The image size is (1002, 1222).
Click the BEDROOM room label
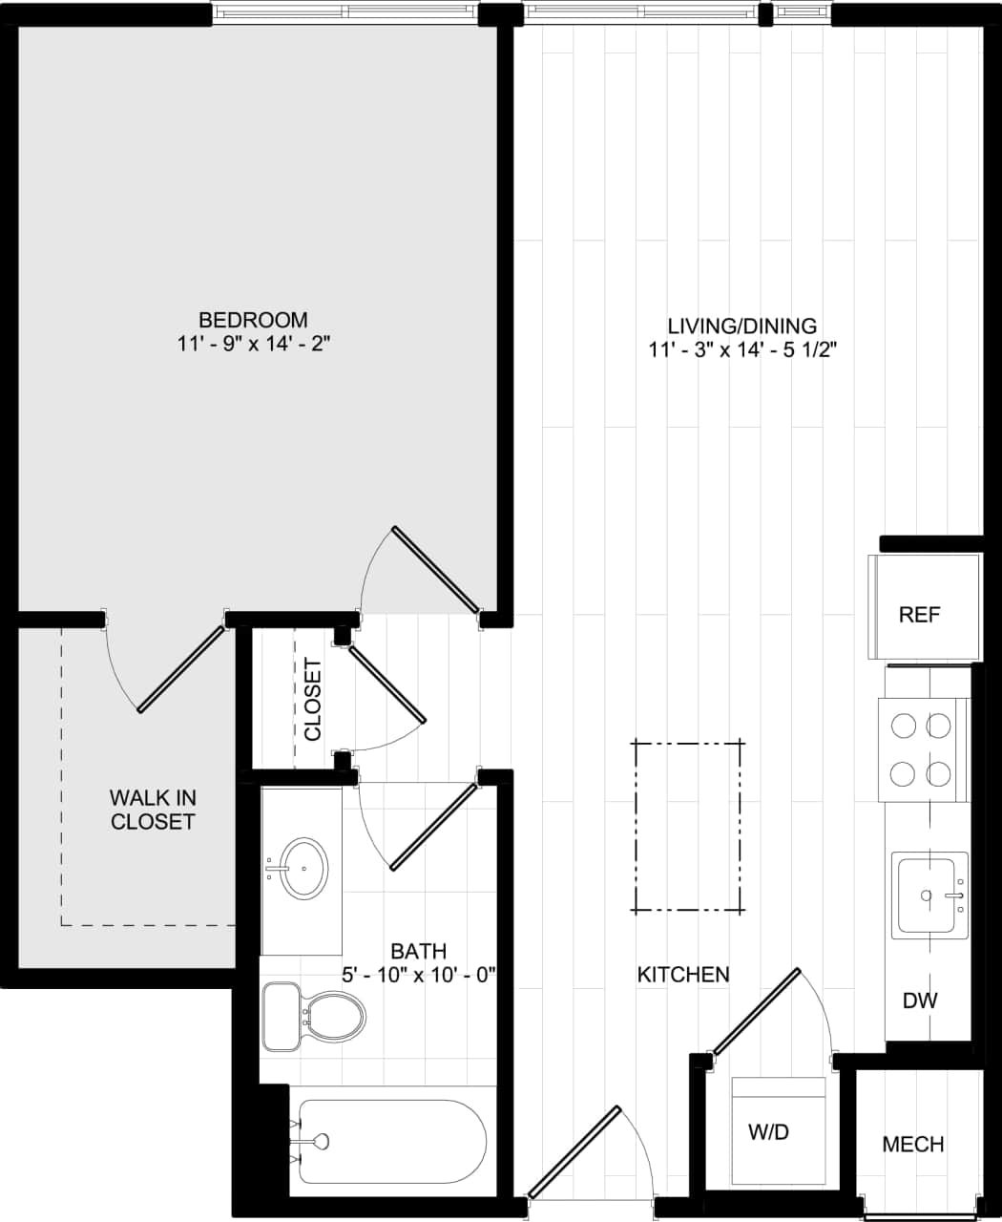253,320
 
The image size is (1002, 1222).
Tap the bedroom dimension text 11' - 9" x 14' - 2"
253,344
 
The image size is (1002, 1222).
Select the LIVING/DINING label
741,326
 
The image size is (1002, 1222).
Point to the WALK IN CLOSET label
153,810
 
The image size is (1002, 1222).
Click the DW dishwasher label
920,1001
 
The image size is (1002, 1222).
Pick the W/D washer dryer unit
777,1131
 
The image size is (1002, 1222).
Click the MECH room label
912,1144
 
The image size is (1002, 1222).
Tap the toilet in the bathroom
315,1017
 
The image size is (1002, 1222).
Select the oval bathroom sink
303,868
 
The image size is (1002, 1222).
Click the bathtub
391,1142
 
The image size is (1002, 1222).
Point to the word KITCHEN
683,975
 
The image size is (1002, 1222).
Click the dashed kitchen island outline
688,827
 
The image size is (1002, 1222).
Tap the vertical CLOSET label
313,700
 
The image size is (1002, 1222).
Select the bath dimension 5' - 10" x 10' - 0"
419,976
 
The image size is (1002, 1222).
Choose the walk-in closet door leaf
181,668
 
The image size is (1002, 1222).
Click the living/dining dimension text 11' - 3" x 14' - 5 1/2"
741,350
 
